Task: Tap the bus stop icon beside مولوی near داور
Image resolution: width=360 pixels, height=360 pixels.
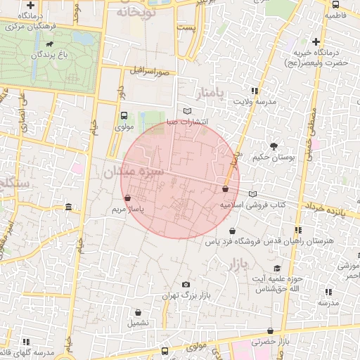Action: [x=124, y=116]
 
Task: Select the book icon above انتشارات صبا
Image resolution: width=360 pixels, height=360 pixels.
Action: [x=186, y=111]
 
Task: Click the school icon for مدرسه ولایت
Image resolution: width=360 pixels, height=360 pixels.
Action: [x=254, y=91]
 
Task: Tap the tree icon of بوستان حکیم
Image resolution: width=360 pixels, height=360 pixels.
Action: [x=274, y=145]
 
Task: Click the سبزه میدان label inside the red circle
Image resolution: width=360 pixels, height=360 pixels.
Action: [x=134, y=171]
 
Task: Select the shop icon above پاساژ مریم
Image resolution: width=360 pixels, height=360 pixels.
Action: [x=127, y=199]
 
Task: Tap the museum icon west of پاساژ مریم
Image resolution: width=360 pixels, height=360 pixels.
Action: [x=67, y=207]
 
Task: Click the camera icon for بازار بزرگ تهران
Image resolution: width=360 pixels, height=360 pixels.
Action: [x=186, y=285]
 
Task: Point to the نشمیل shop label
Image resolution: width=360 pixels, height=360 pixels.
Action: [x=138, y=323]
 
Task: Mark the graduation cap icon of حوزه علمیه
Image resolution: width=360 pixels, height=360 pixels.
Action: [x=277, y=269]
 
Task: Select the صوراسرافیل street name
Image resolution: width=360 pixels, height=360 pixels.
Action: [x=150, y=72]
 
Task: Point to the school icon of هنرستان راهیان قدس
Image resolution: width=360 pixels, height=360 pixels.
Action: [x=298, y=230]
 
